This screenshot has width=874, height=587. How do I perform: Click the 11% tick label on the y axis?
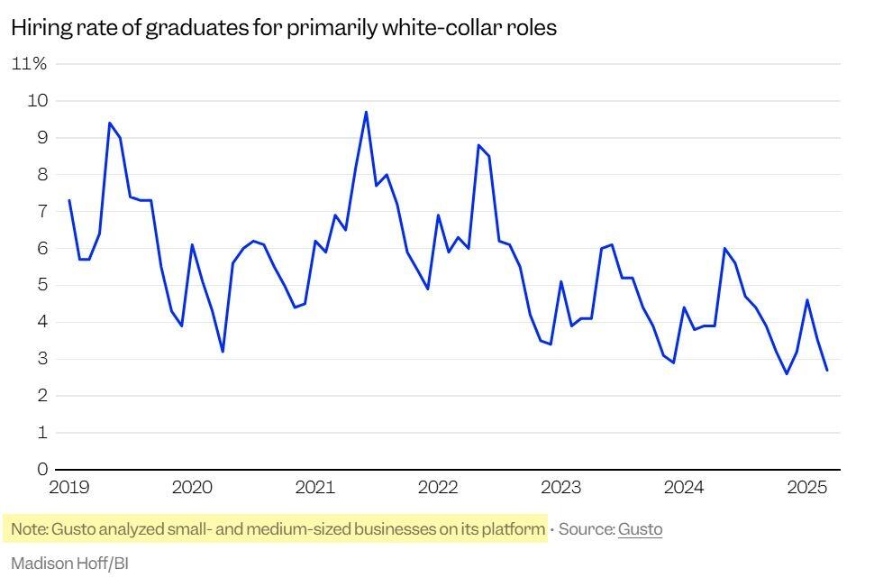coord(29,64)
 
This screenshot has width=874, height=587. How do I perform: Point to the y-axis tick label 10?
coord(37,101)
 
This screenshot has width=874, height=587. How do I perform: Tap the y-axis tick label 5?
coord(41,286)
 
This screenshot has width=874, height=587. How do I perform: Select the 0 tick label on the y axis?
coord(41,470)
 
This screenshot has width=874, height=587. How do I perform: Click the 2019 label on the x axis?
coord(68,488)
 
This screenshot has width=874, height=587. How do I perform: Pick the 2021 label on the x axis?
coord(314,488)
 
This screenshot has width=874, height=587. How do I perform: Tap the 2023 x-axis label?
coord(560,488)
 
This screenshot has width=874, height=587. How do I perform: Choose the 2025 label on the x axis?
coord(806,488)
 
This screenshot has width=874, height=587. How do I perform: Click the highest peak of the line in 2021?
coord(366,112)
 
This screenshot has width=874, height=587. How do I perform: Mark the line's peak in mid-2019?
coord(110,123)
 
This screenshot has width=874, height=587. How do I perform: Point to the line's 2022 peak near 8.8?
coord(478,145)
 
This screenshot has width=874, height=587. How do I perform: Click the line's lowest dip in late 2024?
coord(787,373)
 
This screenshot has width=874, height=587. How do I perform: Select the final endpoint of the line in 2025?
coord(827,370)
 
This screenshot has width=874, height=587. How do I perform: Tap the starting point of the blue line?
coord(69,200)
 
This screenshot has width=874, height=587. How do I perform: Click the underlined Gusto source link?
coord(640,529)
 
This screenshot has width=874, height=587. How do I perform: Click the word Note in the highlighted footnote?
coord(29,529)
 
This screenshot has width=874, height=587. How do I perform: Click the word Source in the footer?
coord(585,529)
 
